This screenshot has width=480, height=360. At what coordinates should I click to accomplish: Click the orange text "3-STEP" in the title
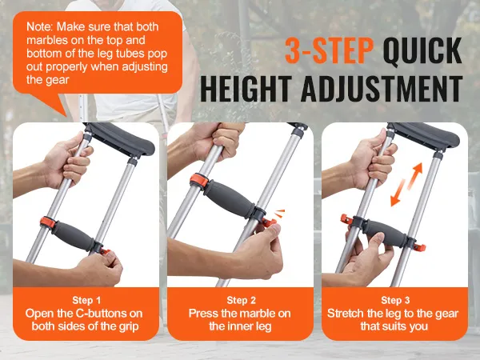click(x=329, y=50)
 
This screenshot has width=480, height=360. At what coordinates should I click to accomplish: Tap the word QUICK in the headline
click(x=422, y=50)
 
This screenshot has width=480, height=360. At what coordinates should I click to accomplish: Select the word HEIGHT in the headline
click(x=246, y=89)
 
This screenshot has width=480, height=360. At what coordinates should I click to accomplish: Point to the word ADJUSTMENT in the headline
click(x=382, y=89)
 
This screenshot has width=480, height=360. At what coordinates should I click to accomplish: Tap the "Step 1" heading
click(x=86, y=300)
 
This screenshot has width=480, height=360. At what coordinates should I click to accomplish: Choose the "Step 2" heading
click(x=241, y=300)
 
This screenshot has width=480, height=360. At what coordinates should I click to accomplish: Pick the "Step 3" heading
click(x=395, y=300)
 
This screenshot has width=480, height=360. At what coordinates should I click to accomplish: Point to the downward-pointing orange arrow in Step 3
click(x=398, y=193)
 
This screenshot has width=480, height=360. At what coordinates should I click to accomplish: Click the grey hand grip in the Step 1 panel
click(x=74, y=236)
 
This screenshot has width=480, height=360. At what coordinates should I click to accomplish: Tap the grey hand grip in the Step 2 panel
click(x=228, y=199)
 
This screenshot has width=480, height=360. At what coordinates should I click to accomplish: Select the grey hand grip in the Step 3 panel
click(x=385, y=233)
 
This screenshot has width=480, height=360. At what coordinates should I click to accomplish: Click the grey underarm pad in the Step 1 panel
click(x=120, y=139)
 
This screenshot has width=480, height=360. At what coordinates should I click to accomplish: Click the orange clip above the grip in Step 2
click(x=199, y=182)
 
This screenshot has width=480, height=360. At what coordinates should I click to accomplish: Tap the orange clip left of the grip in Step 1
click(x=48, y=223)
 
